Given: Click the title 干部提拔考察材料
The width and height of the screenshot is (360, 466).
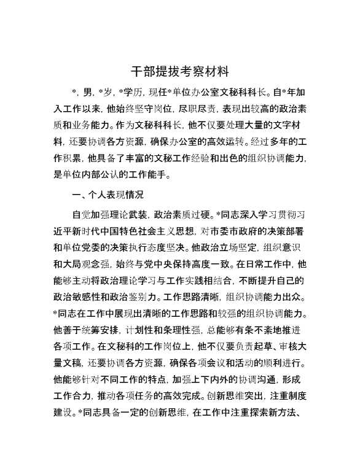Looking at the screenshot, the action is (180, 71).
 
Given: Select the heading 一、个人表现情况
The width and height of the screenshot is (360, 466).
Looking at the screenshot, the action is (108, 195).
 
